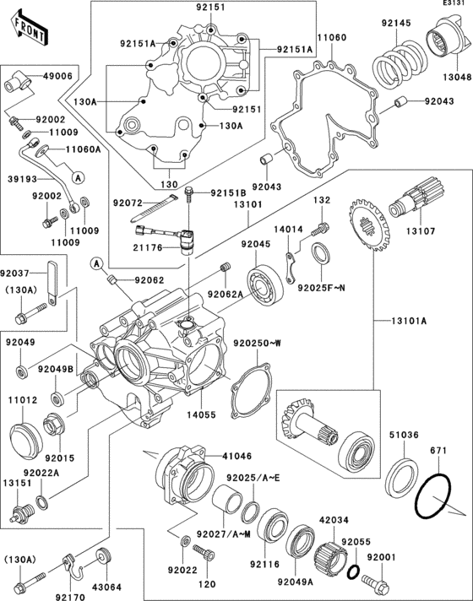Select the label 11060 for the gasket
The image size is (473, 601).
point(331,40)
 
